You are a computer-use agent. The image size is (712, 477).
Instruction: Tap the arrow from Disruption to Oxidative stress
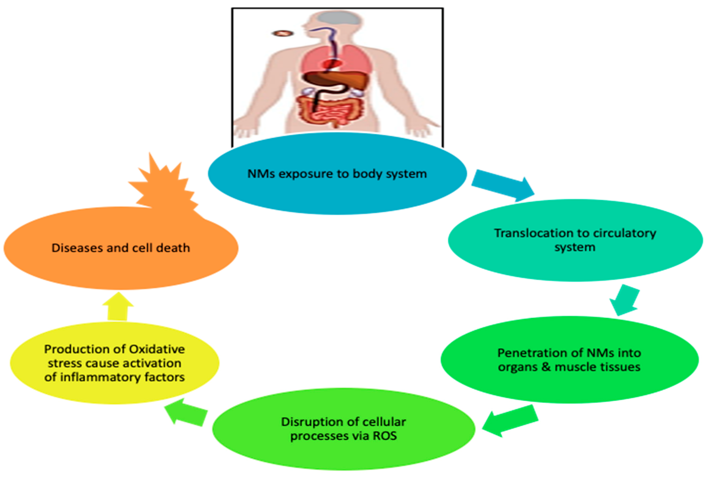click(186, 414)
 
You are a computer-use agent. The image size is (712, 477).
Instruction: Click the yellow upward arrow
click(118, 307)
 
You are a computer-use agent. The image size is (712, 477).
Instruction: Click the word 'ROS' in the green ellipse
click(385, 436)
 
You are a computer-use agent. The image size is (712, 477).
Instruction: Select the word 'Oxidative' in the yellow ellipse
click(157, 349)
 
